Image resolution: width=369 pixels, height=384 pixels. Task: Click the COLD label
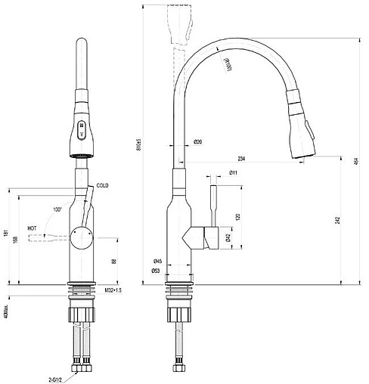pos(103,185)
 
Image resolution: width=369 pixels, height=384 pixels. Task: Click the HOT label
pos(33,227)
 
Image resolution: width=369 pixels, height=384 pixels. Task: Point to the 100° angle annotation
pos(57,209)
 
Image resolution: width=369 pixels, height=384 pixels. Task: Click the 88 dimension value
pos(114,261)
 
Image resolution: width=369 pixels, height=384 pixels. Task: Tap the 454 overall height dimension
pos(355,162)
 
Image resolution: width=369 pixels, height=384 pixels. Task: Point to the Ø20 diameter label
pos(197,142)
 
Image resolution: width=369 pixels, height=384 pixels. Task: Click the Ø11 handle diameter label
pos(214,174)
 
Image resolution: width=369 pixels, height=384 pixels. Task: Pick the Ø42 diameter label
pos(228,237)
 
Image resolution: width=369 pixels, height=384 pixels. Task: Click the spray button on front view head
pos(82,128)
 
